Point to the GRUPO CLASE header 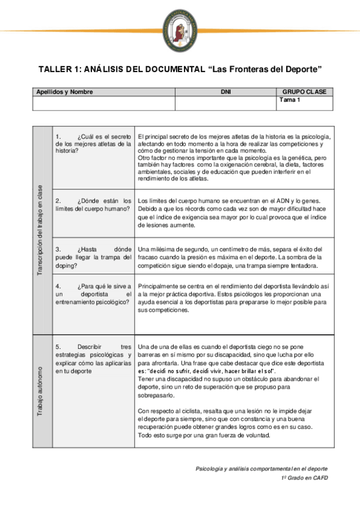[x=304, y=92]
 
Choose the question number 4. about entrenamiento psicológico [x=58, y=287]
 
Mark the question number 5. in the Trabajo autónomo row [x=58, y=347]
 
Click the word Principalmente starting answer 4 [x=159, y=287]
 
